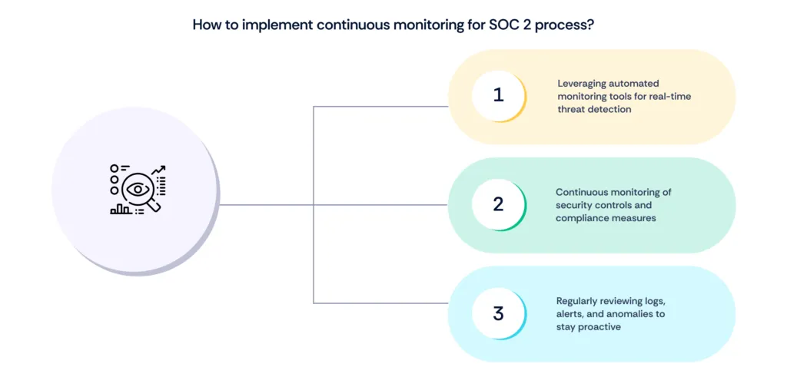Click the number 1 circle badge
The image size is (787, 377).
(x=498, y=96)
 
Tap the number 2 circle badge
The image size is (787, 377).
(x=498, y=204)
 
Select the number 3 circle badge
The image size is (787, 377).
(x=498, y=313)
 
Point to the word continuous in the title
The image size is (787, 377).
(x=322, y=25)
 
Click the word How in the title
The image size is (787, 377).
(x=206, y=25)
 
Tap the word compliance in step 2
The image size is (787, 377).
(x=581, y=218)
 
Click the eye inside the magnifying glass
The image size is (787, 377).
(x=138, y=188)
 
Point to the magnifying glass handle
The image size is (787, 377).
(x=154, y=204)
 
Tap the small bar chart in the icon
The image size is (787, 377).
(x=120, y=208)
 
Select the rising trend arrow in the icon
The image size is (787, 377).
(x=158, y=170)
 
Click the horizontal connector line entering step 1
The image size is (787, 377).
(x=380, y=106)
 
